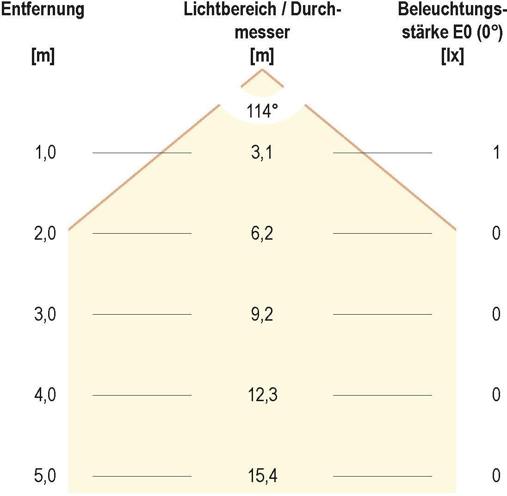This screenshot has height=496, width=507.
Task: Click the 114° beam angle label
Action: click(x=262, y=112)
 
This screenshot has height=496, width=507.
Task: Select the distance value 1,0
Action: click(x=45, y=153)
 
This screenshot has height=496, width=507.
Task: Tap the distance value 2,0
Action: click(x=45, y=233)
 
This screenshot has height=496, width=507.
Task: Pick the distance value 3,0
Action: click(x=45, y=314)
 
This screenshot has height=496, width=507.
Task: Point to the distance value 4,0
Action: click(x=45, y=395)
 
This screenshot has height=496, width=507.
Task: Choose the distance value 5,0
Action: click(x=45, y=476)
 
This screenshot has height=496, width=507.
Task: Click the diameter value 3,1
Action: click(x=262, y=153)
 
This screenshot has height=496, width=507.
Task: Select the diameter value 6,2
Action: click(x=262, y=233)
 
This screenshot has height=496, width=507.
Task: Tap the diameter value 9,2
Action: click(x=262, y=314)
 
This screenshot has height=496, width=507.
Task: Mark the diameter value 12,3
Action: click(x=262, y=395)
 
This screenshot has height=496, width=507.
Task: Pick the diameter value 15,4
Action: click(x=262, y=476)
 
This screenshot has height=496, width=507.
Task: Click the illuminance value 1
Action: click(x=496, y=153)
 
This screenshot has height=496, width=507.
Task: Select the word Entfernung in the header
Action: click(x=43, y=10)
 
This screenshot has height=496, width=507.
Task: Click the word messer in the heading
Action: click(x=262, y=33)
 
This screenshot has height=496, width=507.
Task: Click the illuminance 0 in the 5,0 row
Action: click(x=496, y=476)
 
